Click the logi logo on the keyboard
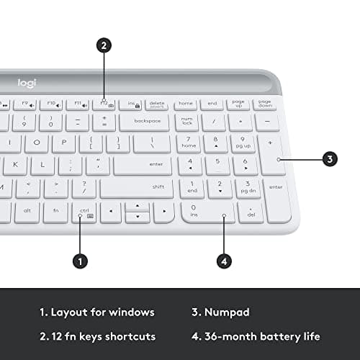(26, 83)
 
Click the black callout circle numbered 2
(104, 45)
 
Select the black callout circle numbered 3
(330, 159)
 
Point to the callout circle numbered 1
(80, 262)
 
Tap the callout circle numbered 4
(225, 262)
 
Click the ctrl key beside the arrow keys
(85, 212)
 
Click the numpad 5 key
(217, 164)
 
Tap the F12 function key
(104, 104)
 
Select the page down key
(266, 104)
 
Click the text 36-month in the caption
(235, 336)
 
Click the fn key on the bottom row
(55, 211)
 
